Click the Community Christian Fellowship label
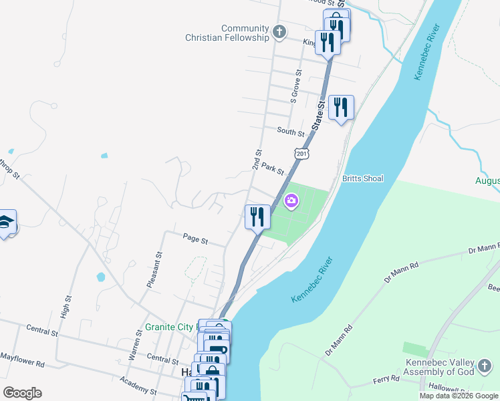(x=227, y=33)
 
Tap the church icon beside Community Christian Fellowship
(x=279, y=31)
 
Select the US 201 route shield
(x=302, y=154)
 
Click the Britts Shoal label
(x=362, y=178)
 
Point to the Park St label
(x=273, y=168)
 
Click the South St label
(x=290, y=132)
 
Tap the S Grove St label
(x=294, y=86)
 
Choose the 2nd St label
(x=256, y=159)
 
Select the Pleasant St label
(x=154, y=269)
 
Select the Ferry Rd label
(x=386, y=378)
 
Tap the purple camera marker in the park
(x=291, y=200)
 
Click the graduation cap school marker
(x=5, y=223)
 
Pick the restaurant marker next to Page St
(x=257, y=216)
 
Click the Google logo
(x=22, y=392)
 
